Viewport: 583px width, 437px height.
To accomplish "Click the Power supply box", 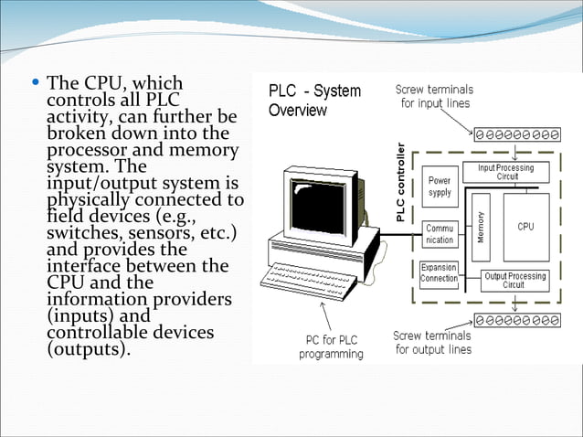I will [x=440, y=187].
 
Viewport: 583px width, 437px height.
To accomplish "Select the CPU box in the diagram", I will [x=525, y=226].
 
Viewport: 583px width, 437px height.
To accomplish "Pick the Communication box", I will [x=440, y=234].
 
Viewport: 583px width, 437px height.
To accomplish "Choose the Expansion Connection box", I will [x=440, y=273].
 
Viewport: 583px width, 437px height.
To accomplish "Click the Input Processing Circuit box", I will [x=513, y=172].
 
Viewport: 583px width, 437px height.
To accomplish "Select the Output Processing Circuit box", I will [x=514, y=280].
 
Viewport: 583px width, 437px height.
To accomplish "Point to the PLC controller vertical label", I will [x=399, y=182].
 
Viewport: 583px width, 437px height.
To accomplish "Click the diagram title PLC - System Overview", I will [x=314, y=101].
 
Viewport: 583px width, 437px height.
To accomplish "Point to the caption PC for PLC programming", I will [x=333, y=346].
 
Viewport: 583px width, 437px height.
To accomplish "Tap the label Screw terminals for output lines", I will [x=432, y=342].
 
